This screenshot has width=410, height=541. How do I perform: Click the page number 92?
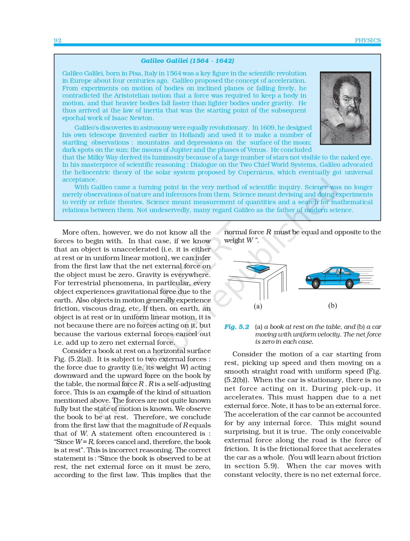pos(58,40)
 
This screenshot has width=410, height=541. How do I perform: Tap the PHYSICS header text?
pos(368,40)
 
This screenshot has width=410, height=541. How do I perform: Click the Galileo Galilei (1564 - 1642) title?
pos(187,61)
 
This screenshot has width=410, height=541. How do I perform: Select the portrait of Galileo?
pos(345,108)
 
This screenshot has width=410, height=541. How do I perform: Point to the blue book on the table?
pos(258,268)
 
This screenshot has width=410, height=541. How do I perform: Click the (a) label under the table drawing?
pos(258,306)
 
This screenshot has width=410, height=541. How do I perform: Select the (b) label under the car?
pos(333,305)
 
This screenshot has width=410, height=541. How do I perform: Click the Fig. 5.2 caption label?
pos(236,327)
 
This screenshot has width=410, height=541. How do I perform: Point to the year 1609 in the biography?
pos(267,127)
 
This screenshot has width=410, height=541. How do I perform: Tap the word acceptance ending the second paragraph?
pos(79,180)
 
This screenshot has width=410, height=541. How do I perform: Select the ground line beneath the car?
pos(339,289)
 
